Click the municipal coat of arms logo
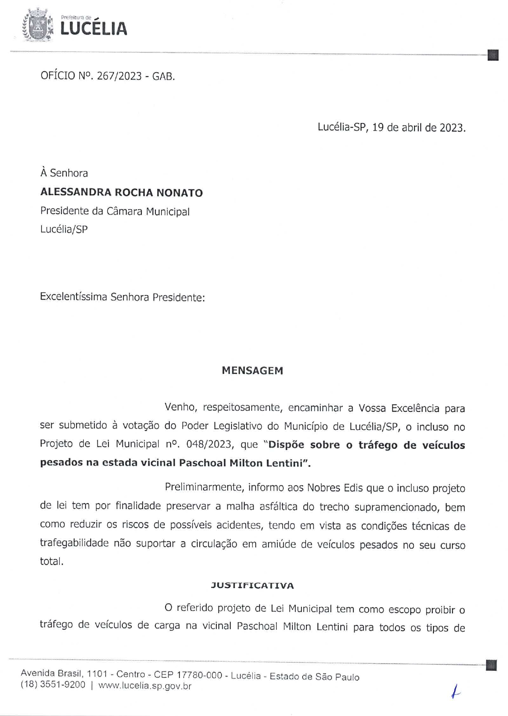click(x=38, y=26)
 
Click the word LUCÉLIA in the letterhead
click(x=94, y=29)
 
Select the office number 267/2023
click(x=119, y=76)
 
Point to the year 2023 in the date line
click(x=451, y=127)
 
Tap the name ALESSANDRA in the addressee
click(x=75, y=193)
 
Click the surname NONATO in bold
click(x=179, y=193)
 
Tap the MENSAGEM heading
click(x=252, y=371)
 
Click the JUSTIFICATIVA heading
click(x=252, y=586)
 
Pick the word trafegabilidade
click(x=74, y=543)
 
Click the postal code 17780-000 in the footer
click(x=199, y=675)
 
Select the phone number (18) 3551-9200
click(x=53, y=685)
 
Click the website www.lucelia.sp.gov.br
click(x=145, y=686)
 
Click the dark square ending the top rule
click(x=492, y=55)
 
